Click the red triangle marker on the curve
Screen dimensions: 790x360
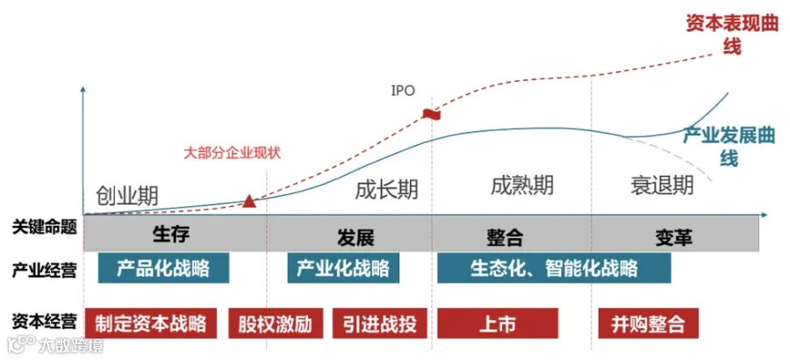point(249,201)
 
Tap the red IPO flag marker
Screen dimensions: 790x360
point(432,114)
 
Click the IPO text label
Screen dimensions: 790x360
point(403,90)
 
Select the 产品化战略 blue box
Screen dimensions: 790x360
point(163,268)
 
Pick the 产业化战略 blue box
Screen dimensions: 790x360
point(343,268)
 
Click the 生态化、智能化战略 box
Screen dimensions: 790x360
point(554,268)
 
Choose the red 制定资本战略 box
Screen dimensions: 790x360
point(150,323)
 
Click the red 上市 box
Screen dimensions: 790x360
point(498,323)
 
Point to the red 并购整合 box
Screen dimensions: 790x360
point(649,323)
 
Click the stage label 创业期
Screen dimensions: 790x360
point(127,195)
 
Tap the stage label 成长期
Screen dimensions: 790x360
point(386,190)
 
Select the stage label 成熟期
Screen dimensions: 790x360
point(522,185)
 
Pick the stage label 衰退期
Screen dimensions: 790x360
point(662,185)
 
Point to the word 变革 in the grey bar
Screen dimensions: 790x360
point(673,236)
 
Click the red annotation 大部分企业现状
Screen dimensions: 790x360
point(233,153)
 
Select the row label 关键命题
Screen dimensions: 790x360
point(45,228)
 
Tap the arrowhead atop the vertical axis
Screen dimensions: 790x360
point(83,90)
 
